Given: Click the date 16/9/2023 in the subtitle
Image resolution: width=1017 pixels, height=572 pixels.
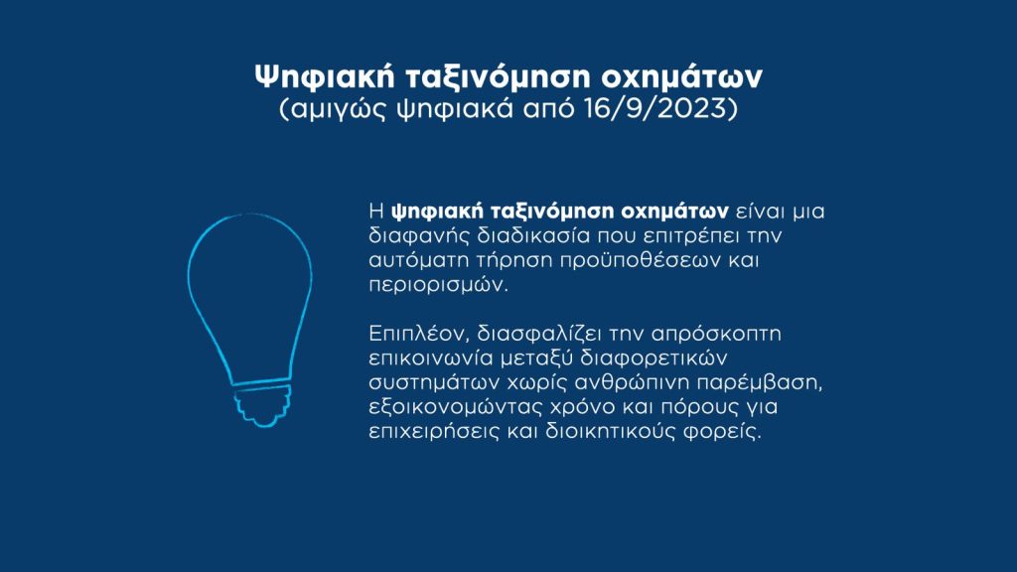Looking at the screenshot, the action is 656,108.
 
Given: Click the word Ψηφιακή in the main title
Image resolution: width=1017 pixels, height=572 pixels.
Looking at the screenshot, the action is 325,76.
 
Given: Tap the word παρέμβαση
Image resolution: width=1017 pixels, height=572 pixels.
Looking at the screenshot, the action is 760,382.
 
